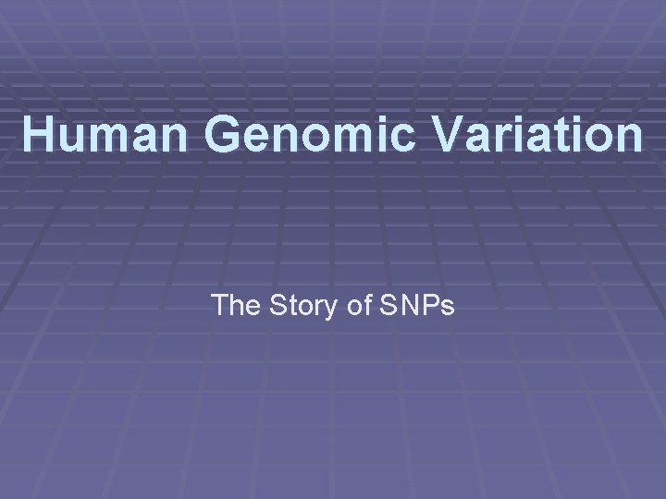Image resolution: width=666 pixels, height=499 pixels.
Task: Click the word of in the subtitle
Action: point(360,304)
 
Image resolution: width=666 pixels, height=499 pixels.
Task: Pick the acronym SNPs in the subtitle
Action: point(415,304)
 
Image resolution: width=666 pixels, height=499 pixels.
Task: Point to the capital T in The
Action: point(221,304)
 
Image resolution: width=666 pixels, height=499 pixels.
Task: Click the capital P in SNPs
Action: point(428,304)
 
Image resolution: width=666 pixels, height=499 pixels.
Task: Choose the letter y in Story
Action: point(334,308)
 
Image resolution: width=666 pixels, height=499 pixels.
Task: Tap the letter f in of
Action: point(366,304)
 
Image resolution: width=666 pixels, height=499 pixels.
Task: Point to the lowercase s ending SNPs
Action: point(445,307)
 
